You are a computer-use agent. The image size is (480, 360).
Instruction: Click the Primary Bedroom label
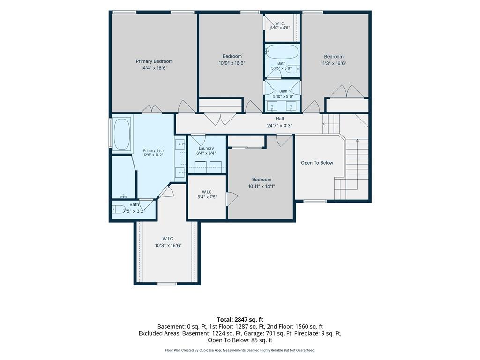pos(154,61)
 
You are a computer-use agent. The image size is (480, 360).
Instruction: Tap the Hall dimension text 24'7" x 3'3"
pos(280,125)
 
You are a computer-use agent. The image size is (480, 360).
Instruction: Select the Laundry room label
pos(206,148)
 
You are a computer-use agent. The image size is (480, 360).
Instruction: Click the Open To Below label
pos(317,163)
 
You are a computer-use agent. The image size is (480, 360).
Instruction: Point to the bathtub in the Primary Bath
pos(122,134)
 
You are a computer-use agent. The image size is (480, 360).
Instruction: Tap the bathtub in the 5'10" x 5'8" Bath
pos(282,52)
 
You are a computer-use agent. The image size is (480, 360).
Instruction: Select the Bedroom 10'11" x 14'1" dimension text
pos(262,186)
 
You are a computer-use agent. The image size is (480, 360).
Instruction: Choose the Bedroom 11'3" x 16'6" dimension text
pos(334,63)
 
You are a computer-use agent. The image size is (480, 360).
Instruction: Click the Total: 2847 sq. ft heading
pos(240,320)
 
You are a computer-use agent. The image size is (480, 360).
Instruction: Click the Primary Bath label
pos(153,150)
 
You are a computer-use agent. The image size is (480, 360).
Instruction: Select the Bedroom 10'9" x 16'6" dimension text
pos(232,63)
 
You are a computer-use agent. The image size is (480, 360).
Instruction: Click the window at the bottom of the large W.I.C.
pos(167,284)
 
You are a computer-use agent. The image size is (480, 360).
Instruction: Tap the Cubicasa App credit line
pos(240,350)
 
